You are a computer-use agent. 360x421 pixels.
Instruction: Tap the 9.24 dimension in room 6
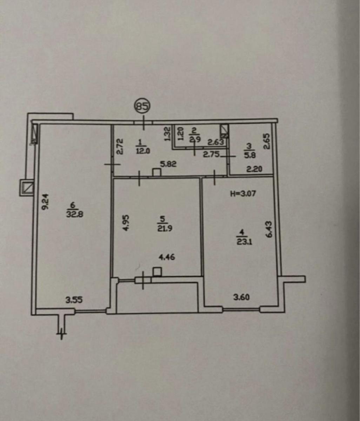[45, 201]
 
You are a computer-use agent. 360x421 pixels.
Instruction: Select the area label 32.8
[75, 214]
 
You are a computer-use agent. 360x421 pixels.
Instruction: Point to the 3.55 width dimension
[74, 300]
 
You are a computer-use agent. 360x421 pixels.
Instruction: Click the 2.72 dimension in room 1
[120, 146]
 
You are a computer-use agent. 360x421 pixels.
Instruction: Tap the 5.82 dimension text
[168, 164]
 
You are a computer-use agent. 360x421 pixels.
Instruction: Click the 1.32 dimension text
[167, 134]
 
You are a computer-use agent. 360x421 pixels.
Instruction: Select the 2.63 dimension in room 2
[216, 142]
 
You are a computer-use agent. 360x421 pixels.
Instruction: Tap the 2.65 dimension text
[268, 141]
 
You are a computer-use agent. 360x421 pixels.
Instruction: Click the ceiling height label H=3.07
[243, 193]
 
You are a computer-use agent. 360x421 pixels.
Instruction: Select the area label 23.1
[244, 242]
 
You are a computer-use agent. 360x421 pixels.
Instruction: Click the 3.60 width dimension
[241, 298]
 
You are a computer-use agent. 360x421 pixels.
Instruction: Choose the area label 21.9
[165, 228]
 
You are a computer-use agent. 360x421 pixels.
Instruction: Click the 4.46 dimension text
[167, 257]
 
